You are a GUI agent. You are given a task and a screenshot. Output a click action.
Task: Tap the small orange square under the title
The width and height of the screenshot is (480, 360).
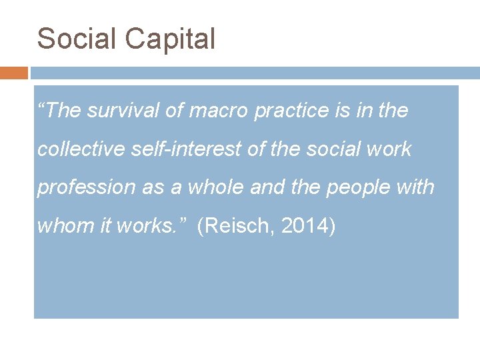(14, 72)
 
